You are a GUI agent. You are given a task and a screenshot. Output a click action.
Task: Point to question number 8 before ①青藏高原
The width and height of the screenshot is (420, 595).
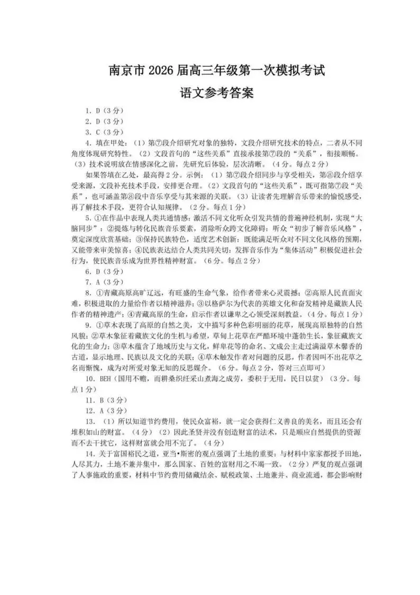87,292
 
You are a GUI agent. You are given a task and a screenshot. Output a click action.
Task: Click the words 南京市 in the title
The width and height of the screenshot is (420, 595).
126,69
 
